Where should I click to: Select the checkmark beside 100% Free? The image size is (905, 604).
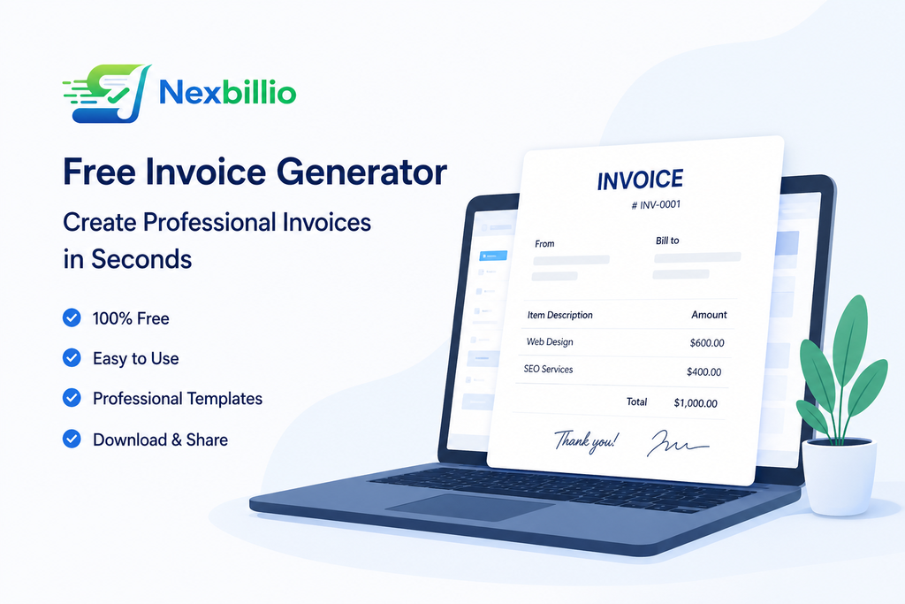pyautogui.click(x=72, y=317)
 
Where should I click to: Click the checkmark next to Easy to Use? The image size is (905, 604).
pyautogui.click(x=72, y=358)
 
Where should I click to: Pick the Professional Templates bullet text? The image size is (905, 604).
pyautogui.click(x=178, y=399)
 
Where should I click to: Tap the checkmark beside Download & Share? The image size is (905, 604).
pyautogui.click(x=72, y=440)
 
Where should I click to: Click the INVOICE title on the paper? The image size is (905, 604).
pyautogui.click(x=640, y=180)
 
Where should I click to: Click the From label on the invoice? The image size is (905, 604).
pyautogui.click(x=544, y=243)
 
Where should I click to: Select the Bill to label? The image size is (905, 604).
pyautogui.click(x=667, y=241)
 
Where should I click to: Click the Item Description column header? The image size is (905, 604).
pyautogui.click(x=559, y=315)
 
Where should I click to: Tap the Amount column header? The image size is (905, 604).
pyautogui.click(x=709, y=315)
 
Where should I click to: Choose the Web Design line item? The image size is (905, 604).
pyautogui.click(x=550, y=342)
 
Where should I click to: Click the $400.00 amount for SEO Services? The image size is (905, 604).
pyautogui.click(x=703, y=372)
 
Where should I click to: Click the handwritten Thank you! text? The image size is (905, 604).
pyautogui.click(x=587, y=440)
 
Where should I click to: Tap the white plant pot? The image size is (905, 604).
pyautogui.click(x=839, y=478)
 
